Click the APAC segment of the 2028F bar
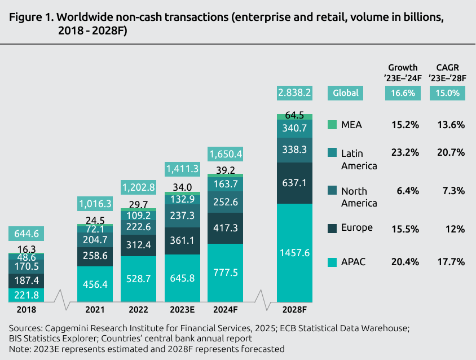294,253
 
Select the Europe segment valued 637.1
294,183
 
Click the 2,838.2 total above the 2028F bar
294,93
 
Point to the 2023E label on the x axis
182,310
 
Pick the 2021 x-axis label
95,310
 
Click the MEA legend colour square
332,125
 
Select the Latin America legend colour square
332,153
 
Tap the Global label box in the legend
345,93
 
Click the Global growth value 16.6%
403,93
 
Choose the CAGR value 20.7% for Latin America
449,153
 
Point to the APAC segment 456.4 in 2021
95,284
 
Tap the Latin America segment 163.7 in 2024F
226,183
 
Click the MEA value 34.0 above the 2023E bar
182,187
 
